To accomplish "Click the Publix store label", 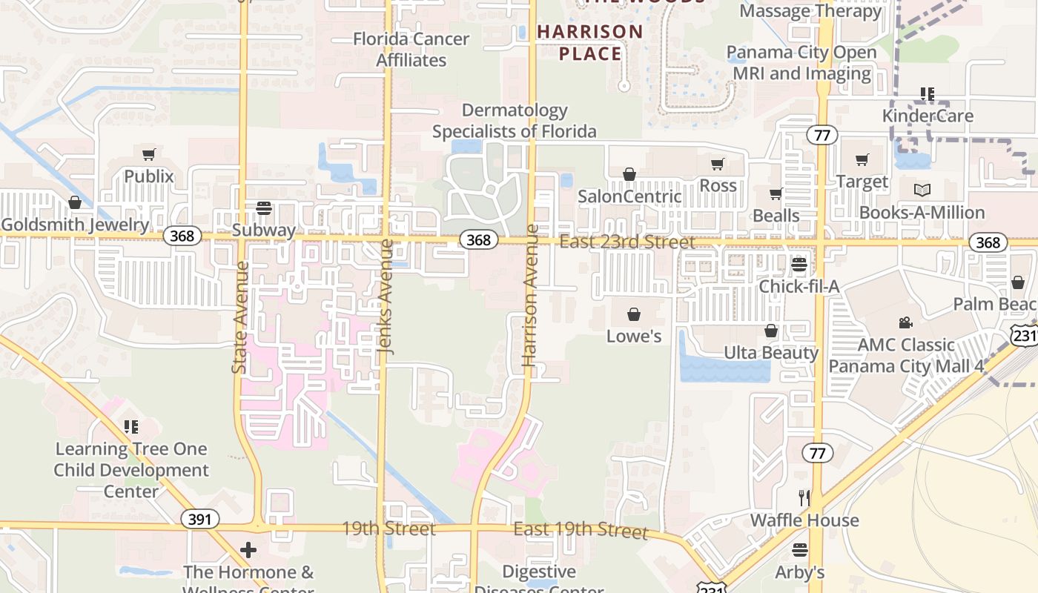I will (148, 176).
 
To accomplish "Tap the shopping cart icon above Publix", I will (148, 154).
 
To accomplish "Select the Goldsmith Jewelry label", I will (75, 225).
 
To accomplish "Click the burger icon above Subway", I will (264, 208).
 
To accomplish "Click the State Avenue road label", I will (239, 317).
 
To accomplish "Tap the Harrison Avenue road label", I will (529, 295).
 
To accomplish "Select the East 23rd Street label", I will (627, 242).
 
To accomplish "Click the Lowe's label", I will (634, 337).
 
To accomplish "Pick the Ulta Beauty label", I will (771, 353).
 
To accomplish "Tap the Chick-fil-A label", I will (799, 286).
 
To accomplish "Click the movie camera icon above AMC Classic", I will (905, 322).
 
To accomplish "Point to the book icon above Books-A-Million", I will (922, 191).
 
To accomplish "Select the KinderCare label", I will (928, 116).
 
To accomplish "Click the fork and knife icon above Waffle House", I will (804, 497).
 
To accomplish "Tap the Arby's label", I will (800, 572).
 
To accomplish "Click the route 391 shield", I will (199, 519).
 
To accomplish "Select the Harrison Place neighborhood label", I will (590, 42).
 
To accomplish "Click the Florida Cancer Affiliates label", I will (411, 49).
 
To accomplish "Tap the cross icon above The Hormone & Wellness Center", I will (248, 550).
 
